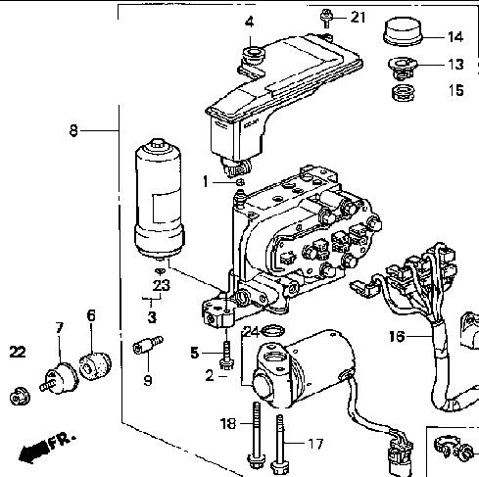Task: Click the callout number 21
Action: [x=359, y=17]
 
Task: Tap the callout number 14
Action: [x=455, y=37]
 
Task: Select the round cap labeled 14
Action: [x=403, y=31]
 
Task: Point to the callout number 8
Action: [x=73, y=131]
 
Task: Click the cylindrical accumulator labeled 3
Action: [x=160, y=199]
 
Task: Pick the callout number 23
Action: [x=162, y=285]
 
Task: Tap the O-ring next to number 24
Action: [x=273, y=331]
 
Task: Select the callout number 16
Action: [x=397, y=336]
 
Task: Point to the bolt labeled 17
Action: [x=280, y=444]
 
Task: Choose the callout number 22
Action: [x=18, y=352]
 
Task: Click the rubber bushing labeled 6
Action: [x=95, y=365]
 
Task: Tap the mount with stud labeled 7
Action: [x=60, y=379]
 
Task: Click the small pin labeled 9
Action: [x=148, y=346]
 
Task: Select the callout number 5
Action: [x=195, y=353]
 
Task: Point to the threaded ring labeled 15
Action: [x=403, y=92]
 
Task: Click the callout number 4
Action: [x=249, y=23]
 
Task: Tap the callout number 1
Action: [x=206, y=181]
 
